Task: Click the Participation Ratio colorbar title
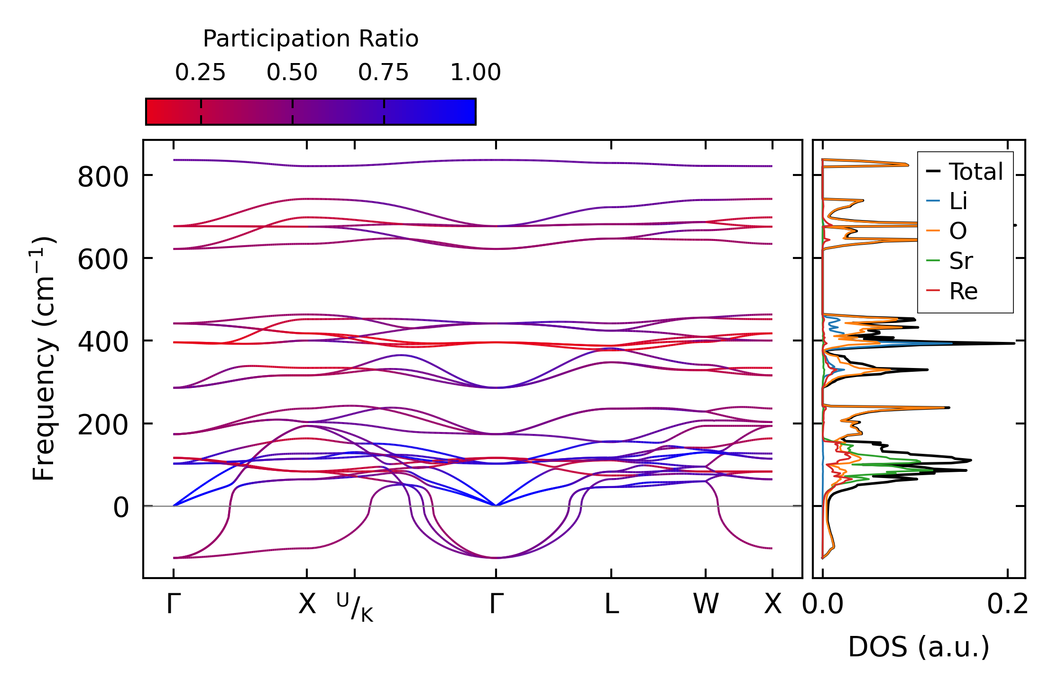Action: (x=311, y=39)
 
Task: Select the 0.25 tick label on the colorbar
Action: (x=200, y=73)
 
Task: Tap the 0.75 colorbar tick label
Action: (x=383, y=73)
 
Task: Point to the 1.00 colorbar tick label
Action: (x=475, y=73)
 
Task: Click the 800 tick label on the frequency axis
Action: (x=103, y=178)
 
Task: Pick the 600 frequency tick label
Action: (x=103, y=260)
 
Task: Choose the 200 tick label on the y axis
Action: (x=103, y=425)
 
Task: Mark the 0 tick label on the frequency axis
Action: (x=121, y=508)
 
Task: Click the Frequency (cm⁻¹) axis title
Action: (x=44, y=359)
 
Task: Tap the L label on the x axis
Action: (x=611, y=605)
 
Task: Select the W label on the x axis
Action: (x=706, y=605)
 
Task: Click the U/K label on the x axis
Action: (x=355, y=607)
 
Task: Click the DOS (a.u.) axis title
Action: (x=919, y=647)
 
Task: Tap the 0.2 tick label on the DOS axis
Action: (x=1007, y=605)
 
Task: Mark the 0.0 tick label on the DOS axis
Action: (x=823, y=605)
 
